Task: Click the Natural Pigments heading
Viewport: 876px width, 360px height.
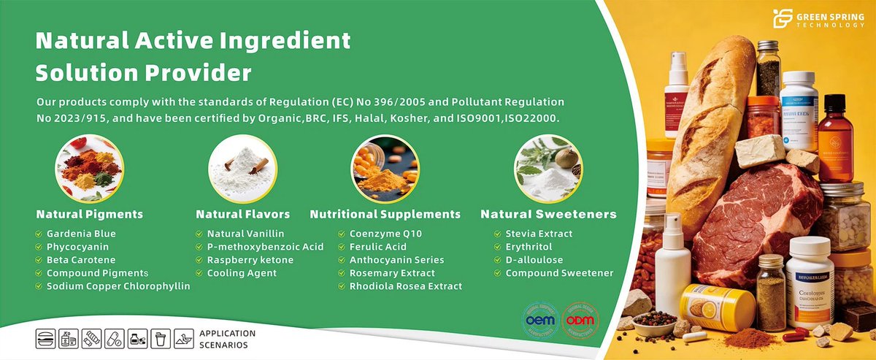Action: click(89, 215)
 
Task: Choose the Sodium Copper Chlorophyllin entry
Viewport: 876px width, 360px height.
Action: click(118, 286)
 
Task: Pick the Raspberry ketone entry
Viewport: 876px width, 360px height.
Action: click(250, 260)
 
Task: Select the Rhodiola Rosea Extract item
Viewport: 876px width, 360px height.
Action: click(405, 286)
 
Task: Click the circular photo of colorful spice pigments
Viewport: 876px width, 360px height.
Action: click(89, 169)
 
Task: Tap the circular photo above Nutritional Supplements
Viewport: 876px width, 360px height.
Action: click(385, 169)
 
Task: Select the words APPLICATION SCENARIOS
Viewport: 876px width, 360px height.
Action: click(228, 339)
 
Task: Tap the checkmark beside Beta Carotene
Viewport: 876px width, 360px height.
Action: click(39, 260)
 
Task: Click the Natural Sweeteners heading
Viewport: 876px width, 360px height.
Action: click(548, 215)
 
